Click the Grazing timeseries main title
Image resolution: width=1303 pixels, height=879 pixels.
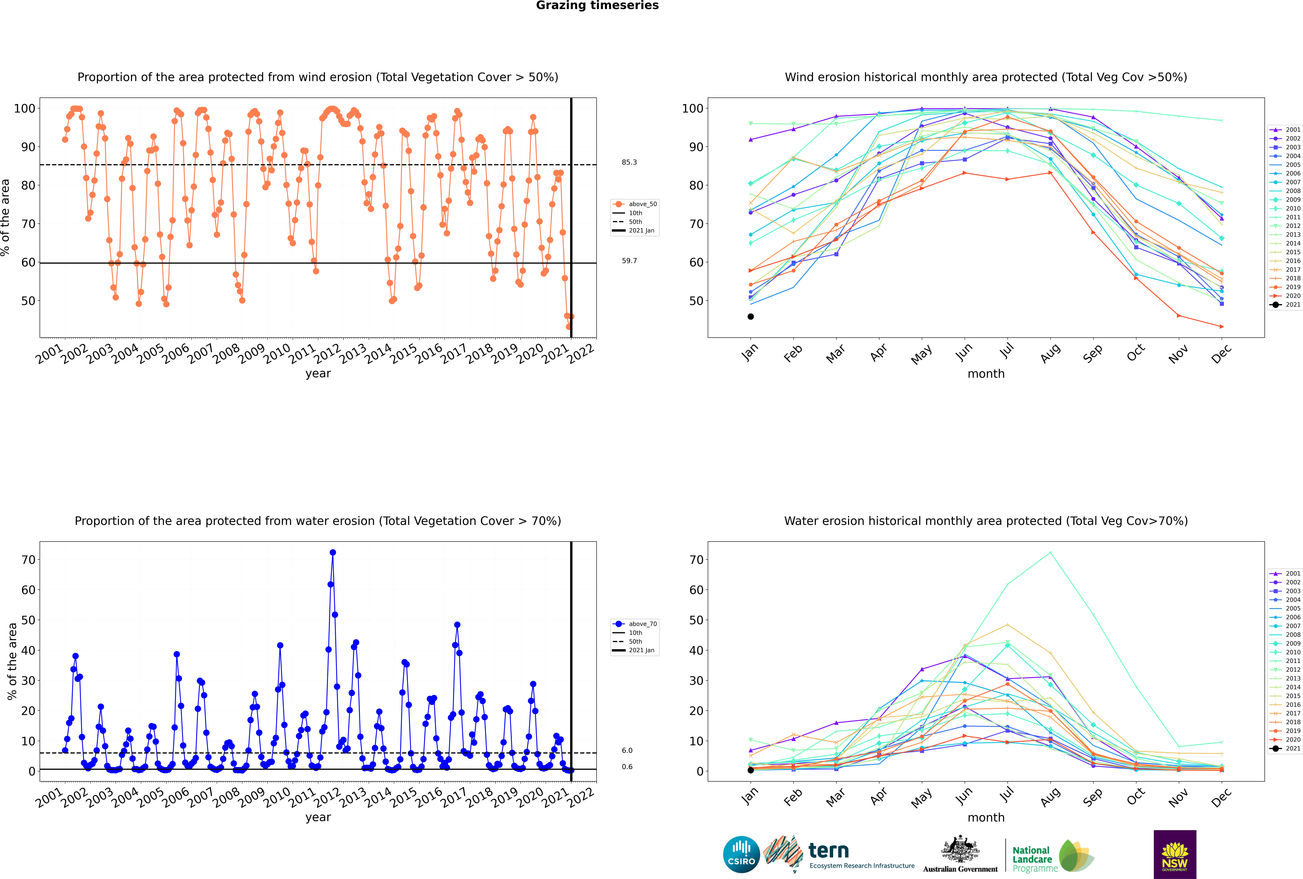[597, 6]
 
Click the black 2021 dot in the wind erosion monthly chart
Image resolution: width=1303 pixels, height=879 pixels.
[751, 317]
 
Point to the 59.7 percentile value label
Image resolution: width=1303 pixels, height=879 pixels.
[629, 261]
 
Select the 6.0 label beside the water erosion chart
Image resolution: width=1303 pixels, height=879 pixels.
[627, 750]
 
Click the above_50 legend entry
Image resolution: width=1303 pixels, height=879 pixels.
[635, 204]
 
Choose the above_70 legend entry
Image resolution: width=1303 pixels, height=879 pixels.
[635, 624]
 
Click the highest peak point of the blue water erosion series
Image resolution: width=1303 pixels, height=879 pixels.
[333, 552]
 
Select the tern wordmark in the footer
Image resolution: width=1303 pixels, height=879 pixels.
[829, 851]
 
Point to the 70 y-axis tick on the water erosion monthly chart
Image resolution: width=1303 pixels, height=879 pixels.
[696, 559]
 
